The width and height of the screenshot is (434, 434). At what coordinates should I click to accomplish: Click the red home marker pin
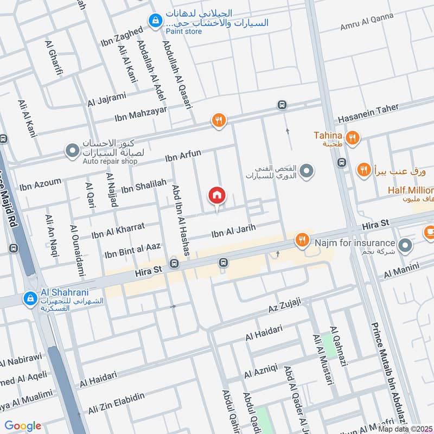tap(216, 195)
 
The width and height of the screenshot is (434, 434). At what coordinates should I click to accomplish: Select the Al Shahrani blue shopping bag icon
tap(30, 298)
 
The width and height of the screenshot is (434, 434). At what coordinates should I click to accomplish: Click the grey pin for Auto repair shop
tap(72, 150)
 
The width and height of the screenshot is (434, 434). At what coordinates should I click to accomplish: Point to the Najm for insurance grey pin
tap(405, 246)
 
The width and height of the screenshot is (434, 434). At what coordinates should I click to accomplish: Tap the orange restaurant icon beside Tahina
tap(353, 138)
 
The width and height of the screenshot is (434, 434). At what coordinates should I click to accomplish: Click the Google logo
tap(23, 426)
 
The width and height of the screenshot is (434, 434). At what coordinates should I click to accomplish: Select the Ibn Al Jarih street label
tap(233, 232)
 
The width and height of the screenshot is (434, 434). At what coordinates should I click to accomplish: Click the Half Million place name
tap(410, 190)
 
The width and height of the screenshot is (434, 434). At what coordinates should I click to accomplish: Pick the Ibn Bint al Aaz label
tap(132, 250)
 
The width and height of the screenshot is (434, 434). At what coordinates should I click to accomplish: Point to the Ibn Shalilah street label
tap(143, 186)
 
